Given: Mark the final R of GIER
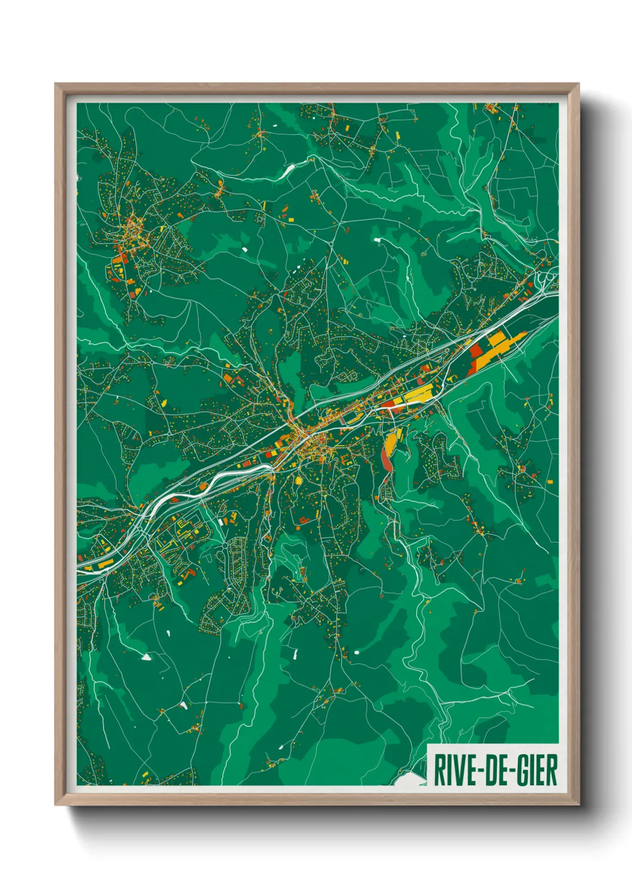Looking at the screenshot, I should (x=551, y=770).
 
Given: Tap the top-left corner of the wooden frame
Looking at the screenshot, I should (x=57, y=85).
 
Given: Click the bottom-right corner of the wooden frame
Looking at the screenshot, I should (x=578, y=804).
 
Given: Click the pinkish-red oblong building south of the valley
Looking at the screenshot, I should (x=385, y=459).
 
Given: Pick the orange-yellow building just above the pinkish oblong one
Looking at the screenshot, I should (x=390, y=441).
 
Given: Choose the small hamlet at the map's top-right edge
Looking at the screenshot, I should (x=492, y=109).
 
